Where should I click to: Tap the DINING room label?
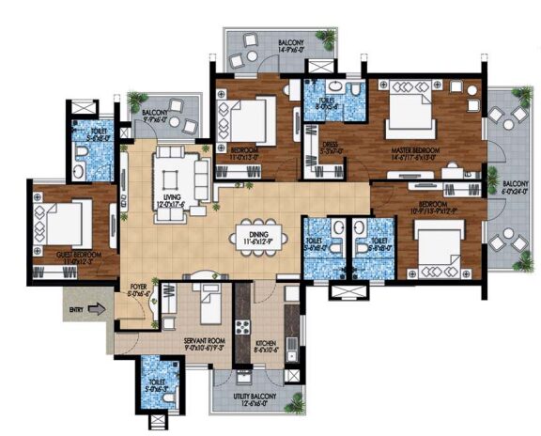250,237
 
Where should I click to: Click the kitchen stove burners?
241,329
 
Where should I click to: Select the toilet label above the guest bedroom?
97,132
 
